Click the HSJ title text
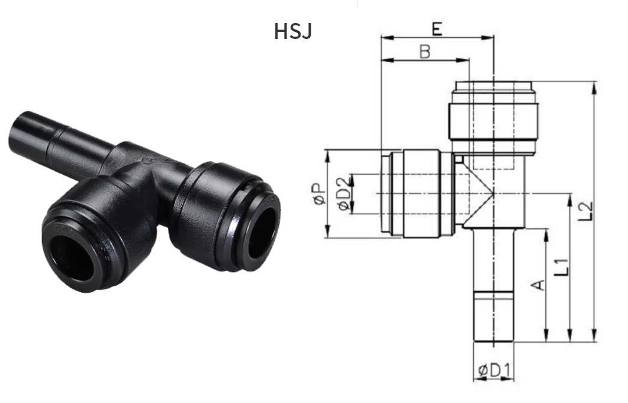293,31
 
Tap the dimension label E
437,29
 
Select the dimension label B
425,51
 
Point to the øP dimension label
319,194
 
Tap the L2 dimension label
585,211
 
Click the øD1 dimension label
494,371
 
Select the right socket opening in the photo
262,227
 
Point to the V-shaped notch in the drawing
479,195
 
